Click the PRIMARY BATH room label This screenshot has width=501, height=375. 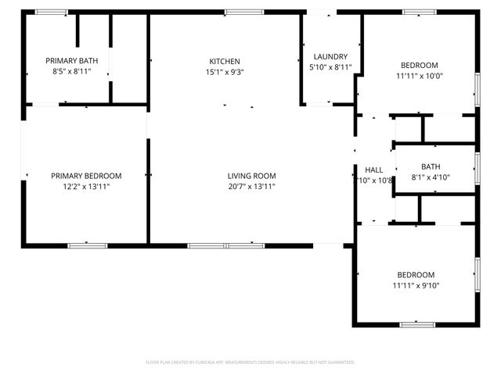click(67, 60)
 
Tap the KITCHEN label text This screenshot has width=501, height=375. click(224, 62)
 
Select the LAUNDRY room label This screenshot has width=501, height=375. click(330, 57)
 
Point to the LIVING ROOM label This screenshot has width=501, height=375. click(251, 176)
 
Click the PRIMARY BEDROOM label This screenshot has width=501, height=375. click(86, 176)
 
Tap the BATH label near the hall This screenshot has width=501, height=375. click(431, 166)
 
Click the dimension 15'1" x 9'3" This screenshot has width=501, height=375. click(224, 72)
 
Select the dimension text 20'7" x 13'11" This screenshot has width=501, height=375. click(251, 187)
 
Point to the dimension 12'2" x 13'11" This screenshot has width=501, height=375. click(86, 187)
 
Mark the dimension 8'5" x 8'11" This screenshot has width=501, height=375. click(67, 71)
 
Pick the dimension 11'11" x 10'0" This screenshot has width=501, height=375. click(420, 76)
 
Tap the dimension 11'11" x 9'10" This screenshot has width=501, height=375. click(415, 285)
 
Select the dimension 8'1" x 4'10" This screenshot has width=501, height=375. click(431, 177)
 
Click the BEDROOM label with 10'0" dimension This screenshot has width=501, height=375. click(420, 65)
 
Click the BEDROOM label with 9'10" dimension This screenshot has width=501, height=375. click(415, 274)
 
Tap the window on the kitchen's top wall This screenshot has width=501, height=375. click(238, 12)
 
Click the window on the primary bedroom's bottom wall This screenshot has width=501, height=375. click(87, 245)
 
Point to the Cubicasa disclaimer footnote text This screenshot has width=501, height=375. click(250, 362)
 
